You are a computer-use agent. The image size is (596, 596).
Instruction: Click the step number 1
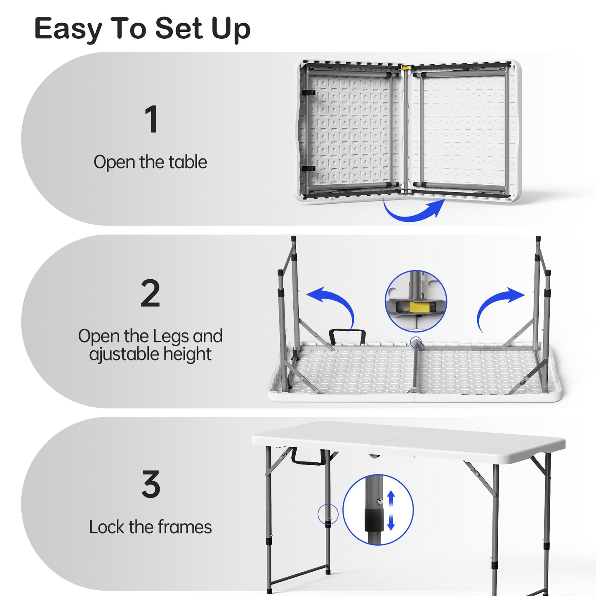[151, 119]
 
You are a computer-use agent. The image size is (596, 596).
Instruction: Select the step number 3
[151, 484]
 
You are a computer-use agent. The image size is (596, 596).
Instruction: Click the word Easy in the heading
[68, 29]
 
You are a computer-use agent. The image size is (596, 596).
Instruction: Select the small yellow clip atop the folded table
[406, 68]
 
